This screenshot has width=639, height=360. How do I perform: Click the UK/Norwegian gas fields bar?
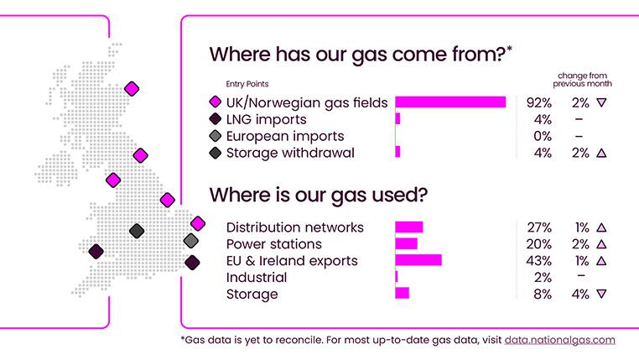point(450,102)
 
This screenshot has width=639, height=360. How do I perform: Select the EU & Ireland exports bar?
point(418,260)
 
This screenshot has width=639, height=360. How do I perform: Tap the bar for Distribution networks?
point(409,227)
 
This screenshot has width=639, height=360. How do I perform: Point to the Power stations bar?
point(407,243)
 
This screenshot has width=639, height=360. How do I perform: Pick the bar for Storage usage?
point(403,293)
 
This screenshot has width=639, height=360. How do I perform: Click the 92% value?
point(538,102)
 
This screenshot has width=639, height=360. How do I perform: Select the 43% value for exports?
point(538,261)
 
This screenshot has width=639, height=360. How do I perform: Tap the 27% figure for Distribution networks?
point(539,227)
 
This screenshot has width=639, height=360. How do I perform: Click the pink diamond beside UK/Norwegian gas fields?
point(216,102)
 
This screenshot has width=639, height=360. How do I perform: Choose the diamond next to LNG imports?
point(216,119)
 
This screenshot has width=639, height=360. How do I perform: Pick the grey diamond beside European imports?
point(216,136)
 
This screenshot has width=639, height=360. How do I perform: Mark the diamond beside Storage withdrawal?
point(216,153)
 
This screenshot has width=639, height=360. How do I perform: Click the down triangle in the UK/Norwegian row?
point(601,102)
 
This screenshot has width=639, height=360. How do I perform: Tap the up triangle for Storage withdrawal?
point(601,153)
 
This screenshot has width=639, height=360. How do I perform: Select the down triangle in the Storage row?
point(601,294)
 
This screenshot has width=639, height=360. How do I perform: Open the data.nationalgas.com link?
point(559,340)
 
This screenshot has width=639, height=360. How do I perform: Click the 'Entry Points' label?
point(247,84)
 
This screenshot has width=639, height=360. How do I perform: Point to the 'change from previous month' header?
point(582,80)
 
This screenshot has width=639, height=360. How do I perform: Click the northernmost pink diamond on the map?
point(132,88)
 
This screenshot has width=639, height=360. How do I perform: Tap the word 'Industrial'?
point(257,277)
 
